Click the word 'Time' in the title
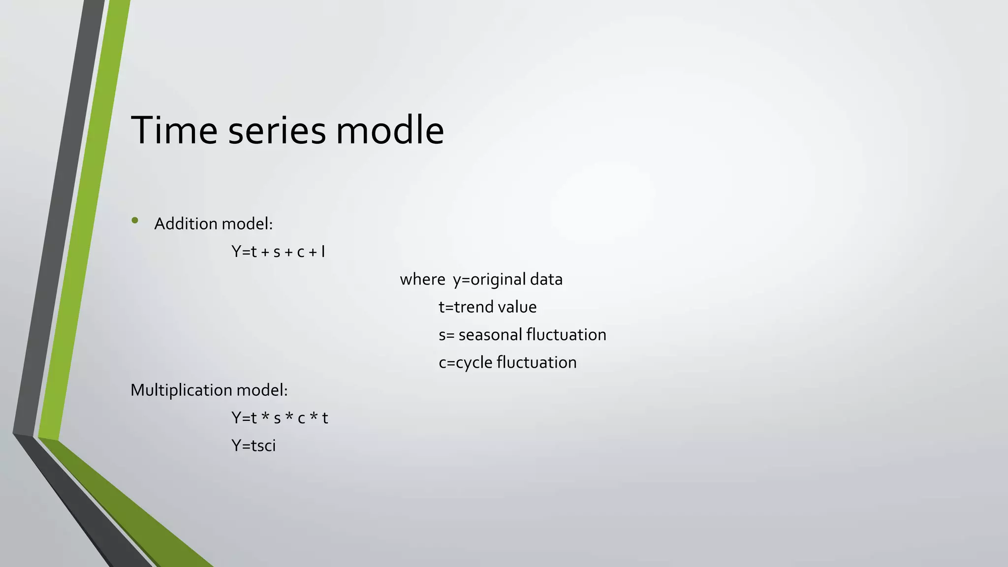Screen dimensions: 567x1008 pyautogui.click(x=174, y=130)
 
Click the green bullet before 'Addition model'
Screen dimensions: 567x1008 pyautogui.click(x=135, y=220)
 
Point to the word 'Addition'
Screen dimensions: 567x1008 pyautogui.click(x=186, y=224)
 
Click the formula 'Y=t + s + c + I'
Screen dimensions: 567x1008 pyautogui.click(x=278, y=252)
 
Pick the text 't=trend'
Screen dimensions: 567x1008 pyautogui.click(x=466, y=307)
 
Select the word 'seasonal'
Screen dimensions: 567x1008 pyautogui.click(x=490, y=335)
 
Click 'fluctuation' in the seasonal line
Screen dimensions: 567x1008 pyautogui.click(x=566, y=335)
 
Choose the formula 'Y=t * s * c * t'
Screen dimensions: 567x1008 pyautogui.click(x=280, y=418)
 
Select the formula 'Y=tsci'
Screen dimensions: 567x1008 pyautogui.click(x=253, y=445)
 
